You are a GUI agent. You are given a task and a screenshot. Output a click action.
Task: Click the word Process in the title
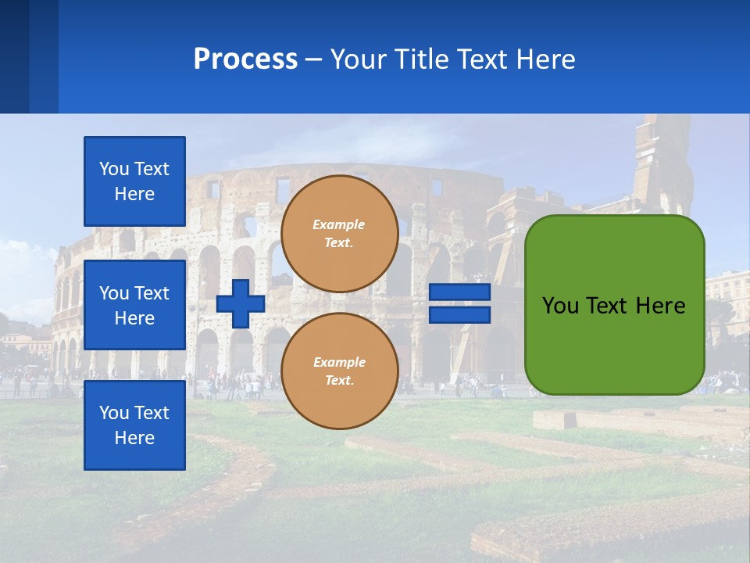[245, 59]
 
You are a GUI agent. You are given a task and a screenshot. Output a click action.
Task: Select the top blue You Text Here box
[134, 181]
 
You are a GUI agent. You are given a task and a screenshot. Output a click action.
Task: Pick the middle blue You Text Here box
[134, 305]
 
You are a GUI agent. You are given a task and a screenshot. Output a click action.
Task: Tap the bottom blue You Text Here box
[134, 425]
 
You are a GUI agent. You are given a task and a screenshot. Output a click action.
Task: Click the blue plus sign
[241, 303]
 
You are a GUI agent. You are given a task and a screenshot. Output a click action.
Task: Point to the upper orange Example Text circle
[339, 234]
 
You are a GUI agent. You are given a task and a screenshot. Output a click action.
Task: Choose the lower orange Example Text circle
[339, 371]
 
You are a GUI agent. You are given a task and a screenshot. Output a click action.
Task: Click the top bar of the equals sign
[459, 292]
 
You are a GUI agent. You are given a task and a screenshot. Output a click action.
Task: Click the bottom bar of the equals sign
[459, 314]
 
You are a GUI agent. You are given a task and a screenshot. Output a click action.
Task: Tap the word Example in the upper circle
[338, 224]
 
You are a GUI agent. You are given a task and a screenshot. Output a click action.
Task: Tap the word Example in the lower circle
[338, 362]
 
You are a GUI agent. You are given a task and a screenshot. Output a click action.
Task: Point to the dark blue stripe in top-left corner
[14, 56]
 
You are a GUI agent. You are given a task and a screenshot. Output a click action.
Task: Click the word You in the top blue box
[112, 169]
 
